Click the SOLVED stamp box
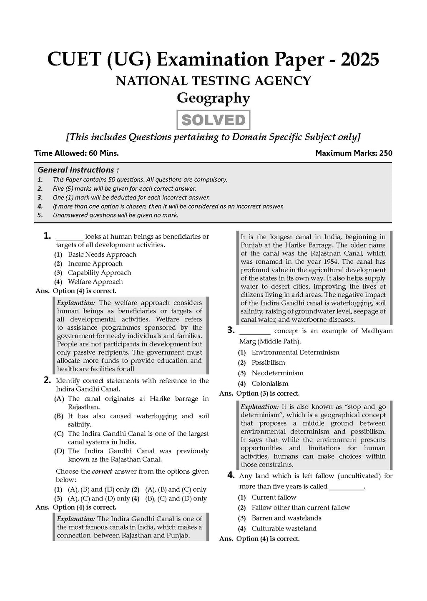[x=213, y=120]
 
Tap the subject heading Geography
[x=213, y=98]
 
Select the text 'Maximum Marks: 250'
[x=354, y=153]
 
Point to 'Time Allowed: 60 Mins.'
[x=76, y=153]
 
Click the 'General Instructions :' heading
[x=78, y=170]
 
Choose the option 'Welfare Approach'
[x=95, y=282]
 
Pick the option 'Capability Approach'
[x=99, y=273]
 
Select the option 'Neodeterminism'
[x=277, y=373]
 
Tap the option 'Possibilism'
[x=268, y=363]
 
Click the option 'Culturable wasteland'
[x=284, y=528]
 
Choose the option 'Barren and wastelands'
[x=286, y=518]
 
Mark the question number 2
[x=47, y=380]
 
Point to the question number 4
[x=231, y=475]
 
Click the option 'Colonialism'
[x=270, y=384]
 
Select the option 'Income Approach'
[x=95, y=263]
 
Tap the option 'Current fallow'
[x=274, y=497]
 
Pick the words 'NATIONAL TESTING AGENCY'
[x=213, y=81]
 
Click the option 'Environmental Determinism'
[x=295, y=352]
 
